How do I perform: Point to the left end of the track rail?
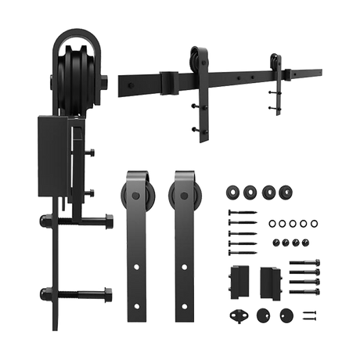[119, 80]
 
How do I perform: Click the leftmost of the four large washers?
[232, 191]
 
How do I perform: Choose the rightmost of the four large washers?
[288, 191]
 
